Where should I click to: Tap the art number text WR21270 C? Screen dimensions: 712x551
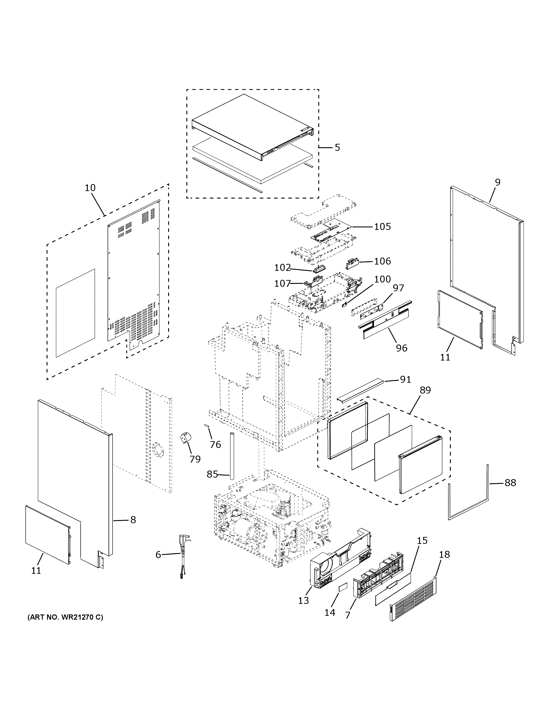pos(65,617)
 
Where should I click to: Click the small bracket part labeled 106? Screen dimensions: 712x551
pos(352,263)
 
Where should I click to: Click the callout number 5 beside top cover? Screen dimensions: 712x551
pos(337,147)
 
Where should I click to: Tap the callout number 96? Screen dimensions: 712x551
pos(402,348)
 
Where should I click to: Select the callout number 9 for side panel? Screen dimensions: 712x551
pos(497,182)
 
